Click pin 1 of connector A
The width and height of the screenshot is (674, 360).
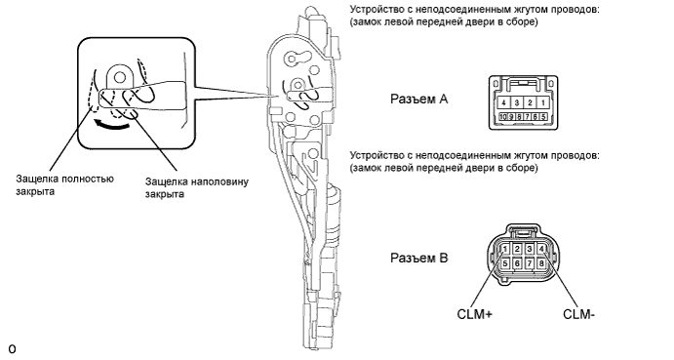(543, 102)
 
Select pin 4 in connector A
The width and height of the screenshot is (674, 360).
(503, 102)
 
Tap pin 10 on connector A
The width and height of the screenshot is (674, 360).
(503, 116)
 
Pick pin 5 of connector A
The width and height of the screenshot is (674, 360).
(543, 116)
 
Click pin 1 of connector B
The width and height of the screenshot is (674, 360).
(505, 249)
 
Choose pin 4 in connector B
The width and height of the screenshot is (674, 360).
(541, 249)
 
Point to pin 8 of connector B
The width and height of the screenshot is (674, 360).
(541, 262)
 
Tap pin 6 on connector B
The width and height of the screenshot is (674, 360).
(517, 262)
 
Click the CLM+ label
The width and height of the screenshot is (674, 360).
(475, 314)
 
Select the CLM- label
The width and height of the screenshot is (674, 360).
(579, 314)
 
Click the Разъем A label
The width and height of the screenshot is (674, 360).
(419, 99)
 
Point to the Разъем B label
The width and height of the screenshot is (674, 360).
(419, 258)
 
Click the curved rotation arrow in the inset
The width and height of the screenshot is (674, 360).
(112, 126)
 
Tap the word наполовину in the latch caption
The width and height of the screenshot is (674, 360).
(218, 181)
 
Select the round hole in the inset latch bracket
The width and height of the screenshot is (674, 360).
(120, 77)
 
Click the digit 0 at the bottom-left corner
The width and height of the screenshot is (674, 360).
(12, 349)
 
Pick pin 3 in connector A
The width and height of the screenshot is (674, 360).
(517, 102)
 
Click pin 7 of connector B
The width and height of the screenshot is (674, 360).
(530, 262)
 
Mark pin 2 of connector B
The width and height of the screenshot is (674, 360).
(517, 249)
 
